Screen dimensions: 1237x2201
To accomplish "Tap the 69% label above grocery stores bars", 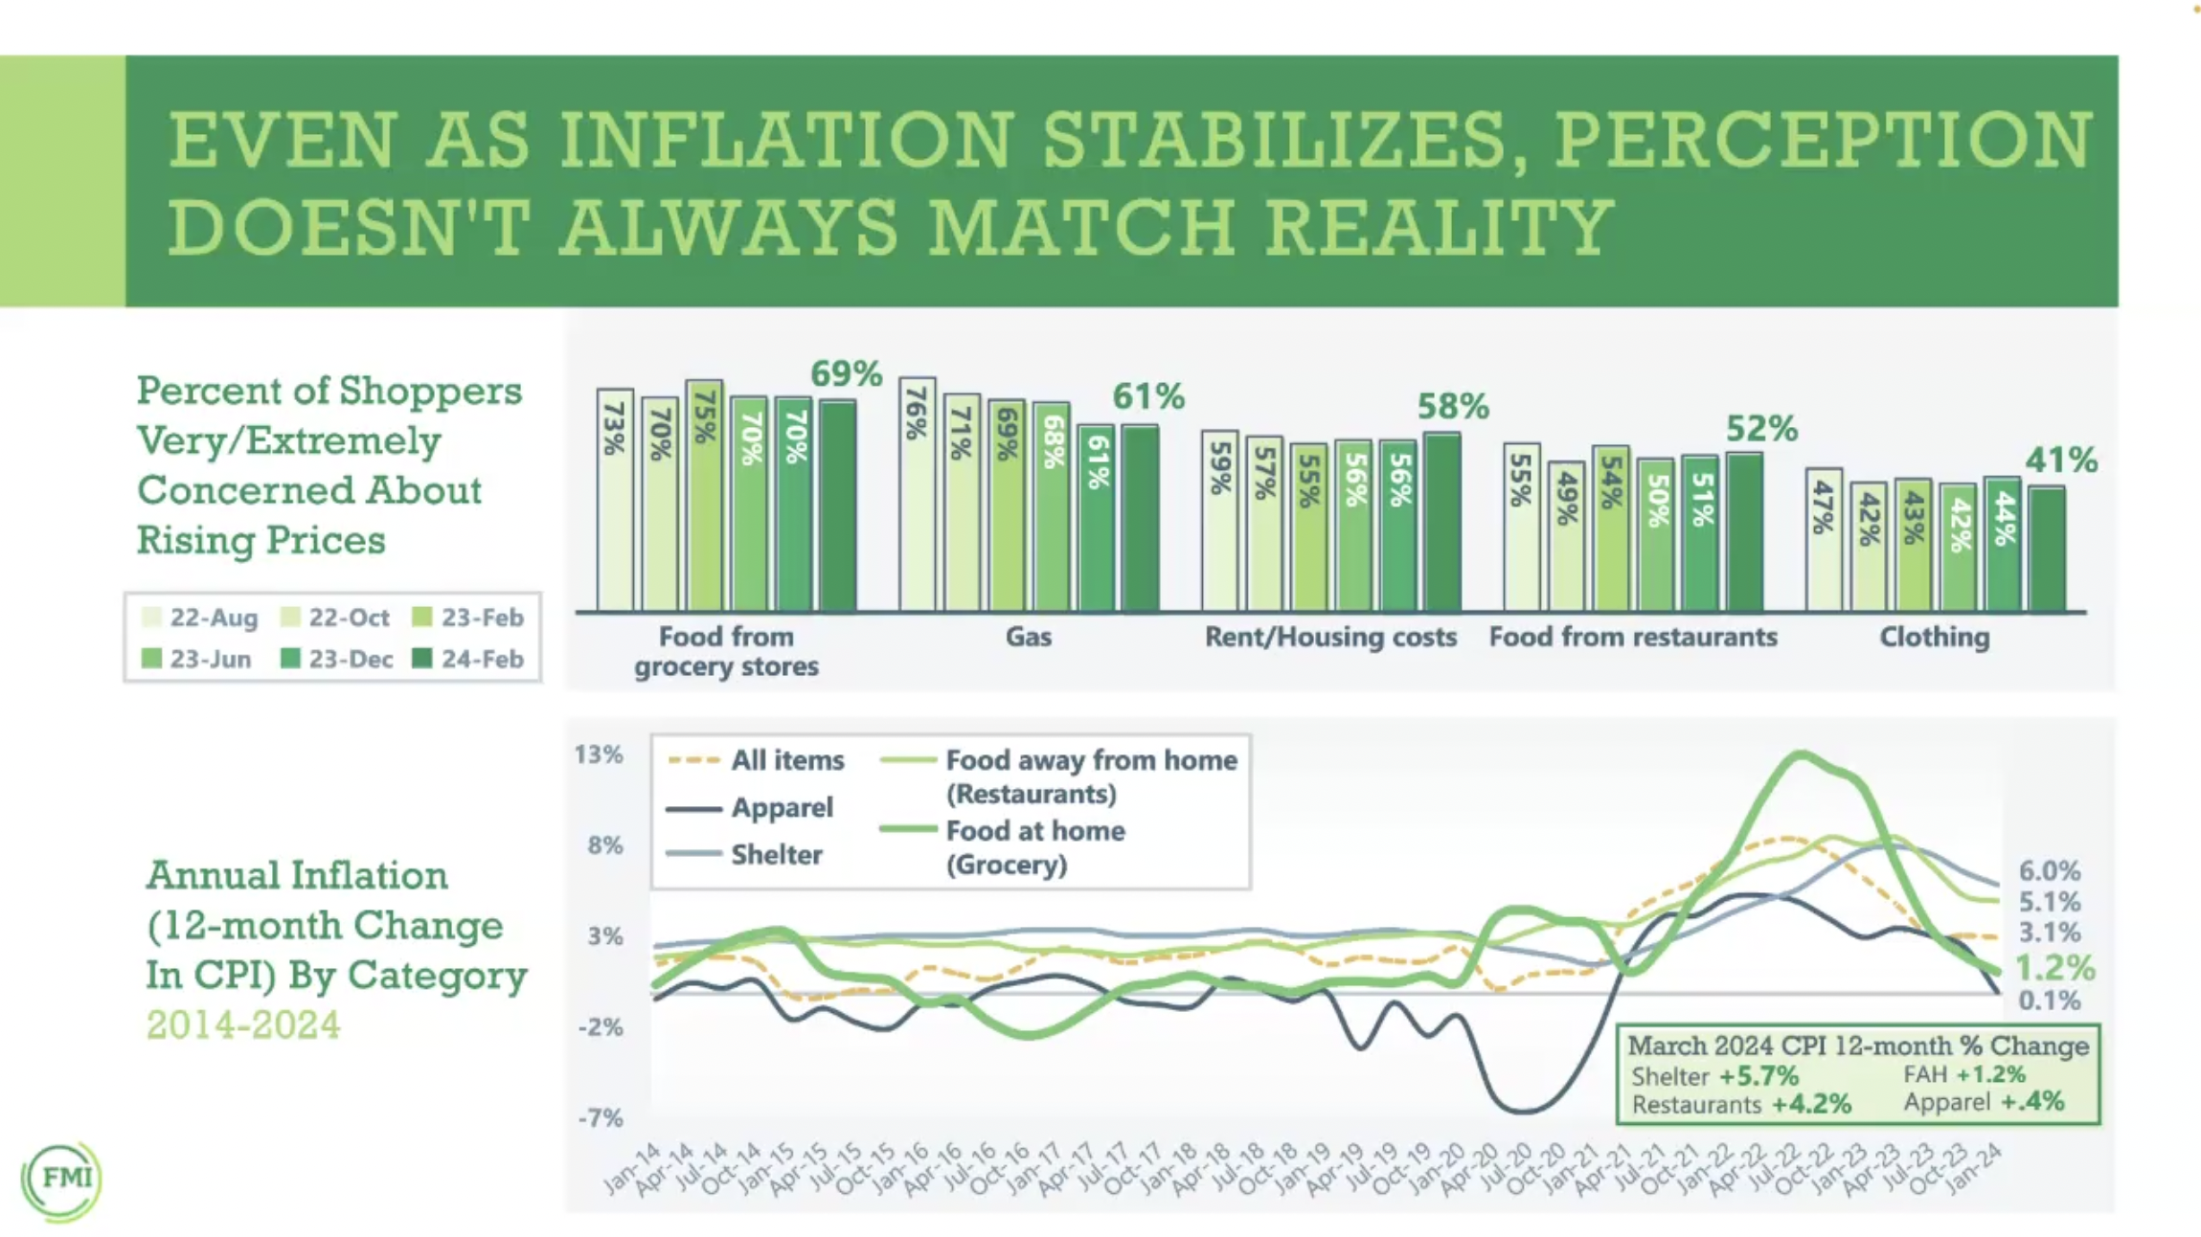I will coord(846,373).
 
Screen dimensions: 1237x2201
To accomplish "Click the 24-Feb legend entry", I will coord(468,660).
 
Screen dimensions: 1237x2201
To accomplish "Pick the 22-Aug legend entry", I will coord(200,618).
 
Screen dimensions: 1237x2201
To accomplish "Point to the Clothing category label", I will coord(1934,637).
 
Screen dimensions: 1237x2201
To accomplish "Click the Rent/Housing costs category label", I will coord(1330,637).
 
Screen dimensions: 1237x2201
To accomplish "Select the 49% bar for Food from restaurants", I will coord(1566,536).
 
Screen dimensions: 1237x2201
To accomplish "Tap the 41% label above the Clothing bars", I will coord(2060,461).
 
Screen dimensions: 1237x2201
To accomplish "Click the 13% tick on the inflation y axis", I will coord(599,754).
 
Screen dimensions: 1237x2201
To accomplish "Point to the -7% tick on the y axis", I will coord(600,1117).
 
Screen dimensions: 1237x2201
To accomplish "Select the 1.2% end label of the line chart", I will coord(2054,968).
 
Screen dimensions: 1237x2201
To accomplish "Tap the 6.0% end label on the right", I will coord(2049,871).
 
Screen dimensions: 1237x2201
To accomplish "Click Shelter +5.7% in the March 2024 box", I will coord(1714,1076).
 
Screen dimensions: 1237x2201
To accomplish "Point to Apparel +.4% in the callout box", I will coord(1983,1102).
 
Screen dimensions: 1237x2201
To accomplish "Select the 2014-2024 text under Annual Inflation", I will coord(243,1025).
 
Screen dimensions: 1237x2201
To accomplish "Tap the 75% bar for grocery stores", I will coord(704,496).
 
